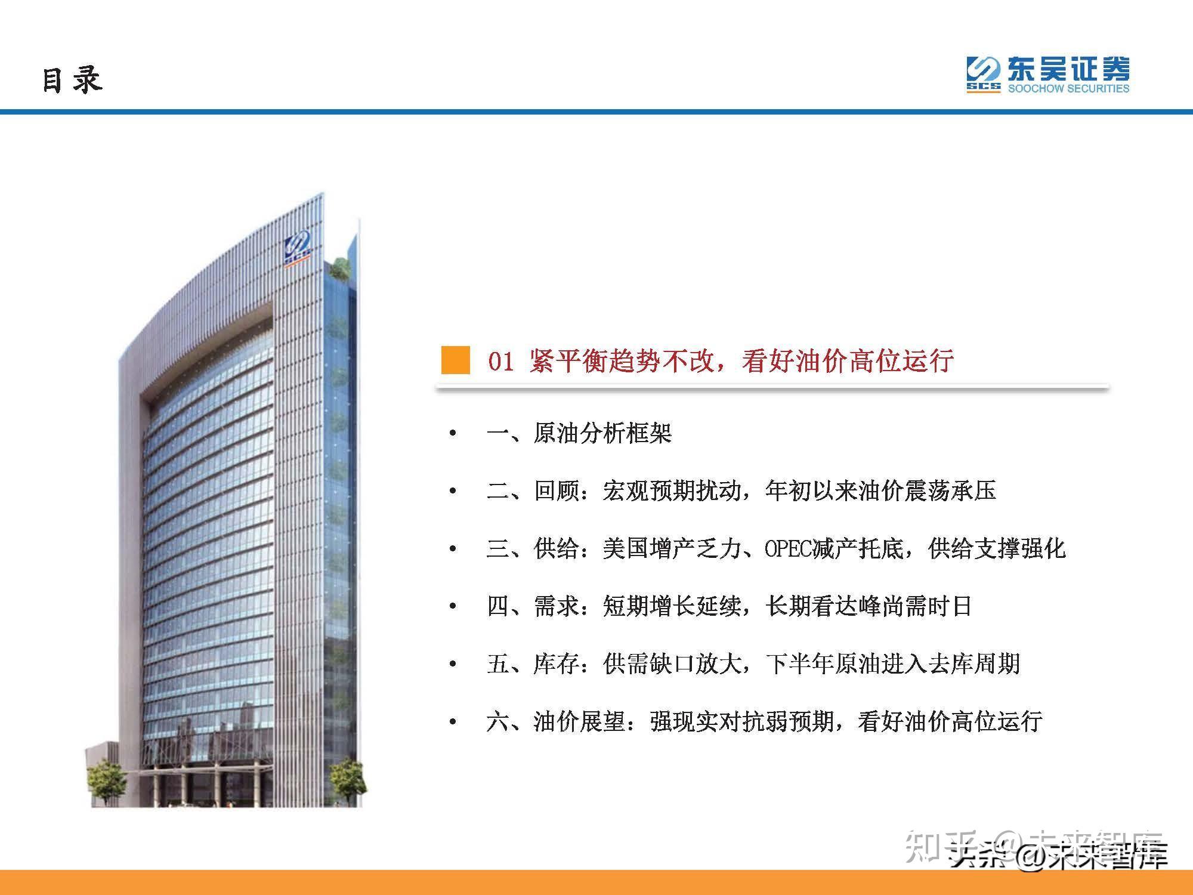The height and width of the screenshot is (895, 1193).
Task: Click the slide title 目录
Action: click(x=72, y=80)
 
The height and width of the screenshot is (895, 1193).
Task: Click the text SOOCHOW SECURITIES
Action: click(x=1068, y=89)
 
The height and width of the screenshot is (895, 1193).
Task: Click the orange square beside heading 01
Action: click(x=455, y=360)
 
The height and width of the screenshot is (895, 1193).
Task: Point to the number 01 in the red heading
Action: click(x=501, y=362)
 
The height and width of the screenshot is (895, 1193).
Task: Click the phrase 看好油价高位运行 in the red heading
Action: click(x=848, y=361)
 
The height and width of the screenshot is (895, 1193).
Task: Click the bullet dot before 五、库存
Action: click(x=453, y=665)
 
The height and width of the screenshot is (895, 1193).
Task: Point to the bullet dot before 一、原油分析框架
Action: click(x=453, y=434)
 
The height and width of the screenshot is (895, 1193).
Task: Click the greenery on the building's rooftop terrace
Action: click(x=340, y=268)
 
